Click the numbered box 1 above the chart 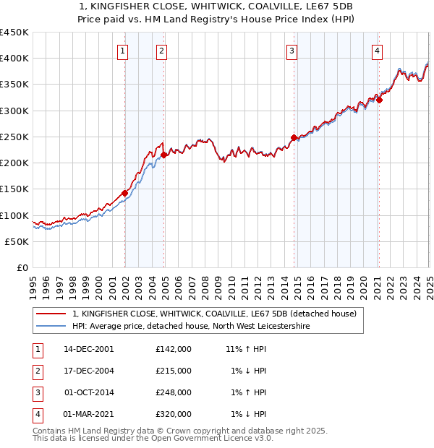point(123,51)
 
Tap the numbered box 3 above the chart point(291,51)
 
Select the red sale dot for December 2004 point(164,155)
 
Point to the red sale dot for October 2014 point(294,137)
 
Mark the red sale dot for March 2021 point(379,100)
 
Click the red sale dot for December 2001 point(125,193)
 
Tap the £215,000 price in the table point(173,371)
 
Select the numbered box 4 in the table point(36,414)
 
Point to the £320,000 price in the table point(173,414)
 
